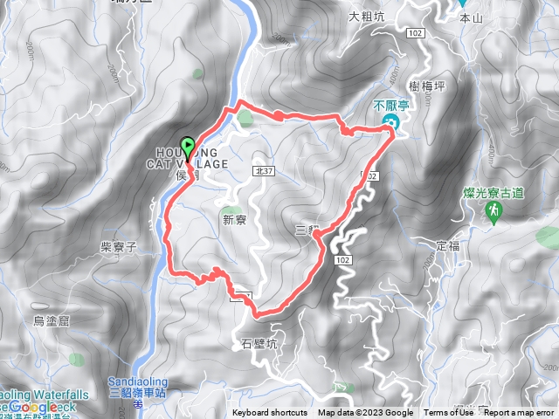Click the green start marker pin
[x=186, y=147]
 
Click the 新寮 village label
[x=235, y=219]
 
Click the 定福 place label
[x=448, y=246]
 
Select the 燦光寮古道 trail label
[x=494, y=192]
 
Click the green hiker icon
[x=493, y=210]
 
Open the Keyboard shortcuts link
[x=270, y=413]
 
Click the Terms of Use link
[x=448, y=413]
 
